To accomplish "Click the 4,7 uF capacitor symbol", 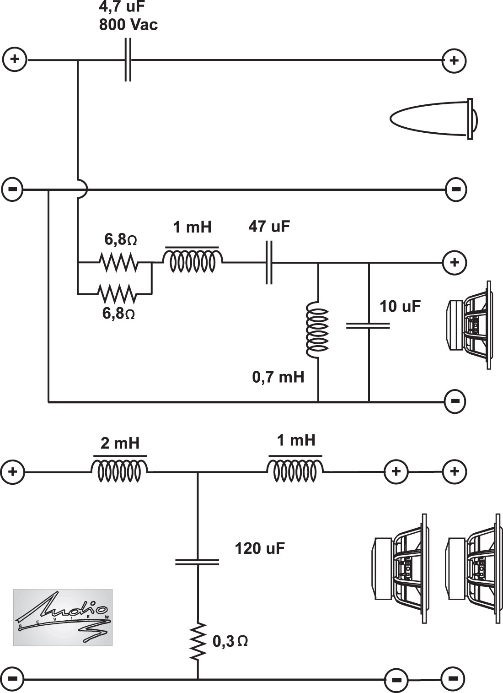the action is pos(128,60).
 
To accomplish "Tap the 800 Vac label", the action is pos(128,25).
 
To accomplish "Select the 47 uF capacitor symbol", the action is pos(269,262).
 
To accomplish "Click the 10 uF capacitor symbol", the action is pos(368,325).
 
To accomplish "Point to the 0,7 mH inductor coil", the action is pos(317,330).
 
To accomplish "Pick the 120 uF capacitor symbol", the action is pos(197,562).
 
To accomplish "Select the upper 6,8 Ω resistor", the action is pos(119,262).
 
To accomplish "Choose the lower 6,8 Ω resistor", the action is pos(117,294).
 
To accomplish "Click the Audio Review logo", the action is pos(63,617).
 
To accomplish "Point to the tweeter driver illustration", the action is pos(433,119).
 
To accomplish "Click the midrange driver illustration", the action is pos(470,325).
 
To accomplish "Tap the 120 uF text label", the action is pos(260,548).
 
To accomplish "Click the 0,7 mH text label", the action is pos(278,378).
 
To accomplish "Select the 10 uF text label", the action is pos(401,306).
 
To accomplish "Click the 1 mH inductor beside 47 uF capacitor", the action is pos(193,260).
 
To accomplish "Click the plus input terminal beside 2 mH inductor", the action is pos(13,472).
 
